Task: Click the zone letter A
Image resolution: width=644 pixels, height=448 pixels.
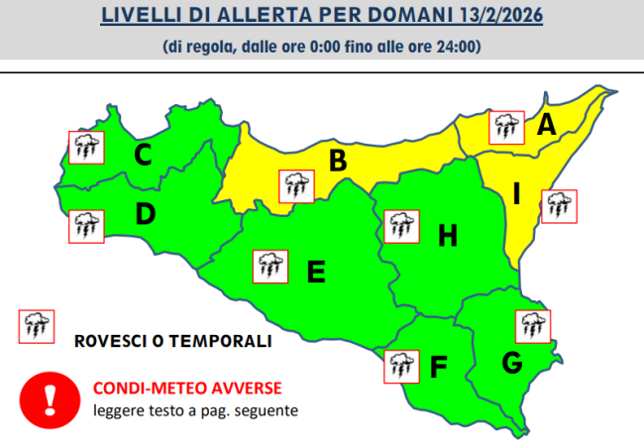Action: click(x=546, y=126)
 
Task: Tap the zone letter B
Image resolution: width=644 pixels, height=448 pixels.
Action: click(x=337, y=160)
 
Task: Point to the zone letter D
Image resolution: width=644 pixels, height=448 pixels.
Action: click(x=145, y=213)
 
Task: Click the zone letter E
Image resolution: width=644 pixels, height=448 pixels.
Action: click(x=316, y=271)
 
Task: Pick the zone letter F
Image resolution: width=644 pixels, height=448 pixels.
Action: click(x=438, y=367)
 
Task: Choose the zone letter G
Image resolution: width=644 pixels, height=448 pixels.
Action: click(x=511, y=364)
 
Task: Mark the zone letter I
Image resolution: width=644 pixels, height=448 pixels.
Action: click(x=517, y=194)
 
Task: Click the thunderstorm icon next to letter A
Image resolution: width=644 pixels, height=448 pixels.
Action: click(x=507, y=127)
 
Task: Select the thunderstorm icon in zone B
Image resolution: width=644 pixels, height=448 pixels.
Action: click(x=294, y=184)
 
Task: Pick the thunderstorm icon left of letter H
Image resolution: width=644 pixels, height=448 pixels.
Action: click(x=399, y=225)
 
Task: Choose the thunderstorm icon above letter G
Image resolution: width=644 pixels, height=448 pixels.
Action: click(x=534, y=326)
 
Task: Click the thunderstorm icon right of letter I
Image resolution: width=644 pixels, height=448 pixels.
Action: click(x=559, y=205)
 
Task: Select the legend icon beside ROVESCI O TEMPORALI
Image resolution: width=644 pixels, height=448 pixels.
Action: click(x=37, y=324)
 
